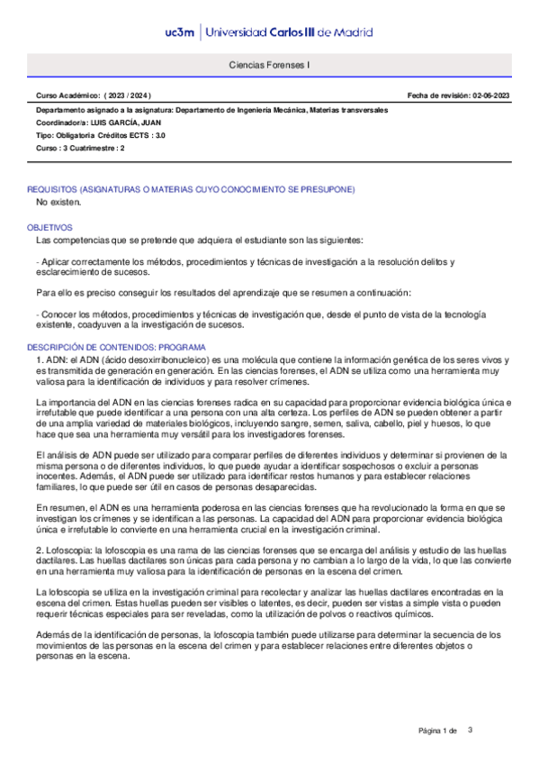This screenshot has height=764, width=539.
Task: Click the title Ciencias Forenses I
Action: coord(269,66)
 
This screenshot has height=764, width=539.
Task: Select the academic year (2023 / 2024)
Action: coord(128,95)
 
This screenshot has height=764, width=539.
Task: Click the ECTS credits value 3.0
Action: coord(160,135)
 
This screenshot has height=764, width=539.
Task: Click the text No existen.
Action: coord(58,203)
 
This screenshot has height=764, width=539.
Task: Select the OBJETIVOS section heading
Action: coord(49,228)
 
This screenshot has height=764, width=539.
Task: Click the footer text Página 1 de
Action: coord(438,730)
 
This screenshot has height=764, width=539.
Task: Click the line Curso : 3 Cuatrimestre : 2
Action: coord(80,148)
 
